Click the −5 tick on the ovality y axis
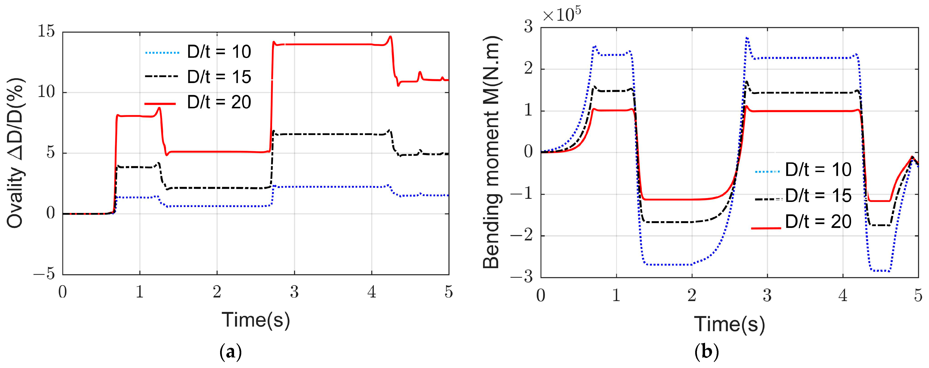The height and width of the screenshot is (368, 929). [44, 275]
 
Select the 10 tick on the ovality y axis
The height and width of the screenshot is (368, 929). [46, 92]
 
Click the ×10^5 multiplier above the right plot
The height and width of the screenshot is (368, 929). [561, 15]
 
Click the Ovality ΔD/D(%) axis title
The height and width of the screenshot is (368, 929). [15, 153]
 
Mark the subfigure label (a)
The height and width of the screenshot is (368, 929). [230, 352]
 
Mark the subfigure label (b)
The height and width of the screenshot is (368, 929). [706, 352]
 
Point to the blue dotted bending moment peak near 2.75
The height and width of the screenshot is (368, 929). [747, 38]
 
